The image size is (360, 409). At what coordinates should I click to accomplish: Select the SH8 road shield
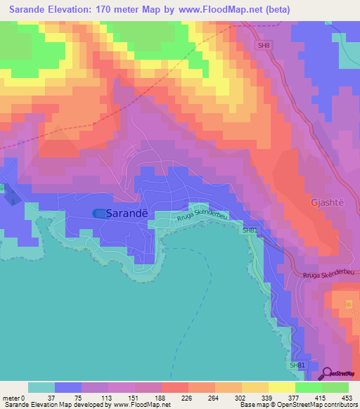264,46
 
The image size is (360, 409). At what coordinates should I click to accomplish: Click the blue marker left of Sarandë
101,213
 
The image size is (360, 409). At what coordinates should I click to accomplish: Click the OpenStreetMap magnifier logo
328,374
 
